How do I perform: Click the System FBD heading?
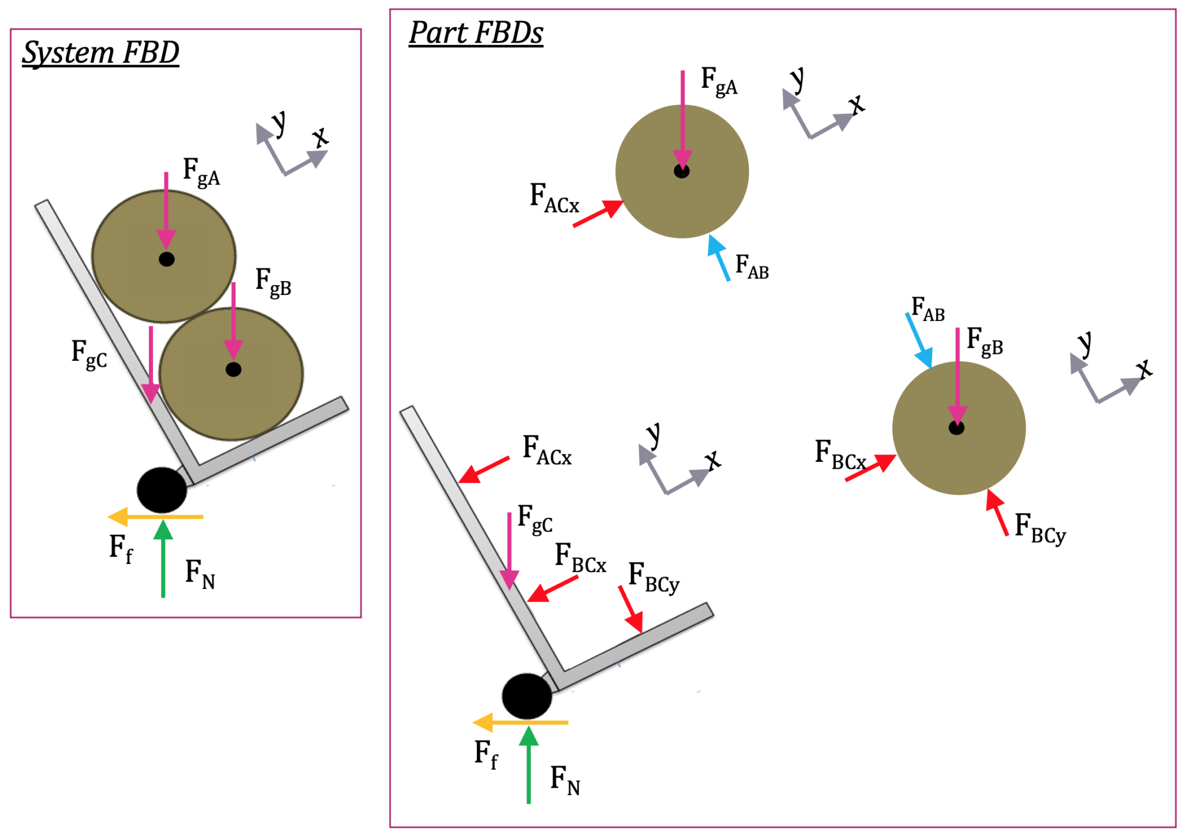[x=100, y=53]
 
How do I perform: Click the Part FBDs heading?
[x=476, y=33]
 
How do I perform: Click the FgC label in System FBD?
[x=89, y=353]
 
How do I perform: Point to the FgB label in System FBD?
[x=273, y=282]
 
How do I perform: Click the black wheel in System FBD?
[x=162, y=490]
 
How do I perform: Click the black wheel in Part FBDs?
[x=526, y=696]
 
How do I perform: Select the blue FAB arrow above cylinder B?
[x=919, y=340]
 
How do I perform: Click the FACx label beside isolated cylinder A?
[x=553, y=198]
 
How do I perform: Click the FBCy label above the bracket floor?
[x=653, y=577]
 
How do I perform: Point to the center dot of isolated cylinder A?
[x=682, y=171]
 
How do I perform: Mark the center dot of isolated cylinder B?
[x=956, y=428]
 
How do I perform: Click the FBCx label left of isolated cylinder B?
[x=840, y=455]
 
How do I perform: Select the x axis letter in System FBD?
[x=320, y=137]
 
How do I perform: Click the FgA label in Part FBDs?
[x=719, y=81]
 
